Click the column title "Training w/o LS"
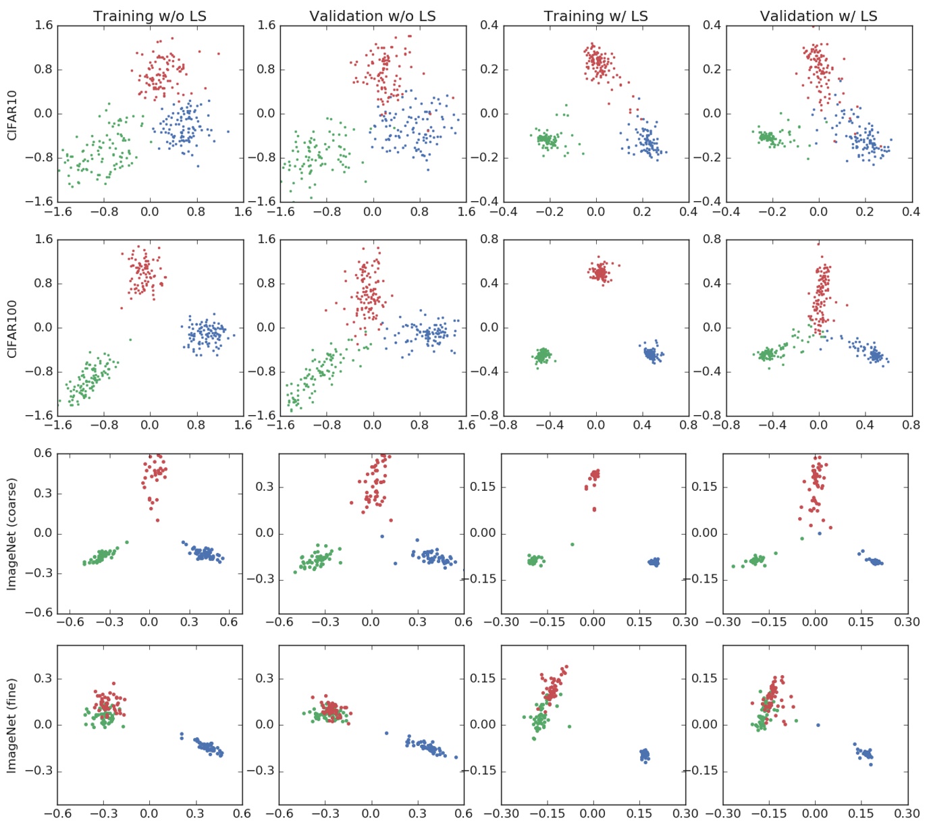149,16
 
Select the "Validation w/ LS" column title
818,16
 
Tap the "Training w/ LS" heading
595,16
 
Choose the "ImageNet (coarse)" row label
11,533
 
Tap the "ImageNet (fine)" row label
11,725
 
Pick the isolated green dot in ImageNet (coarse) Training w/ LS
573,544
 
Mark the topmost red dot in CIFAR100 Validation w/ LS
818,244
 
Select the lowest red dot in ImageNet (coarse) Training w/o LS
157,520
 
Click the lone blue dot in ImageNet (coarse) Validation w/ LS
820,533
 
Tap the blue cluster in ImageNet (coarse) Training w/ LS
654,562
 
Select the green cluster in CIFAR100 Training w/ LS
543,355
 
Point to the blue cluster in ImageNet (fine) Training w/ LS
645,754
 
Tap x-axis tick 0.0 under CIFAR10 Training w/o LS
149,211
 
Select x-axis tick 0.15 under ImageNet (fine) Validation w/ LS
864,813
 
